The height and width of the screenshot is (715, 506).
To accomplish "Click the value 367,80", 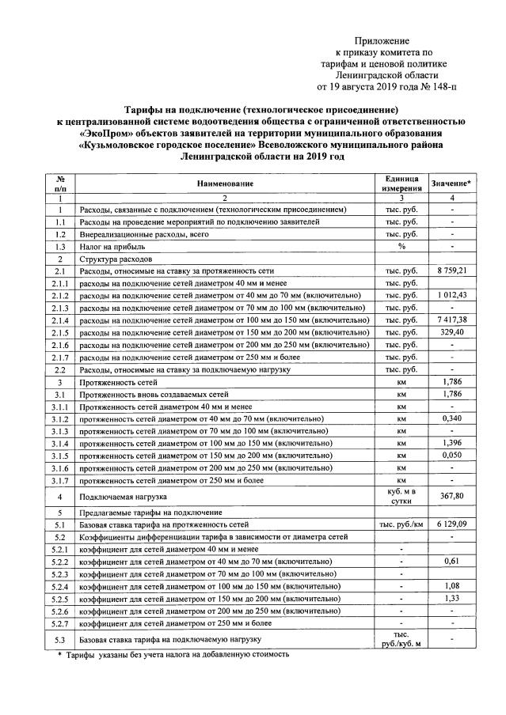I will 451,496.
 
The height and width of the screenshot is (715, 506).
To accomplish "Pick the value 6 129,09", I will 451,524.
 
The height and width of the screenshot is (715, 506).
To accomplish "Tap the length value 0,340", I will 451,418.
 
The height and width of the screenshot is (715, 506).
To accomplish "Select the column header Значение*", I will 451,183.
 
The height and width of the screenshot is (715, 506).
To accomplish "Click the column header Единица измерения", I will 402,183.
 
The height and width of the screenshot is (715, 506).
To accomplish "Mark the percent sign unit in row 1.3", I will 402,247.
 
